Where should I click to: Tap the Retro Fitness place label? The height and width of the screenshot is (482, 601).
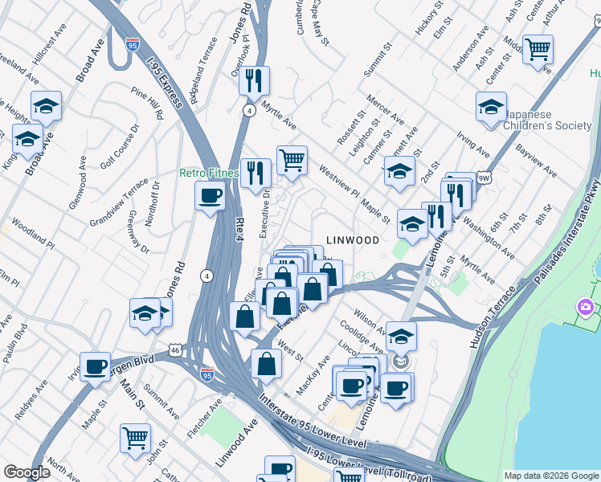(x=209, y=174)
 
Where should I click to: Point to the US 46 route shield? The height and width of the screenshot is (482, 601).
(x=174, y=349)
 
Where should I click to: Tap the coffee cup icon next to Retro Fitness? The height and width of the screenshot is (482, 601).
(x=211, y=195)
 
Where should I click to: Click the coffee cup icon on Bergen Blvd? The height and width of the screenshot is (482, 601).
(x=95, y=366)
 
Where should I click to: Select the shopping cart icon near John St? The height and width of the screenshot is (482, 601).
(x=135, y=438)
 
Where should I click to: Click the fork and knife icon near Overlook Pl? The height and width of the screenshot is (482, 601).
(x=254, y=80)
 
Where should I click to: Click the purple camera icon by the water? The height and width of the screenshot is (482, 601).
(x=585, y=308)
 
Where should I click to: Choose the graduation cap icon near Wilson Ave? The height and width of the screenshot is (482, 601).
(x=401, y=335)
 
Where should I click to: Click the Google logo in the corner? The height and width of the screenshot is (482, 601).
(x=27, y=472)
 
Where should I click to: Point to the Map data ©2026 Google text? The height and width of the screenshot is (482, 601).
(x=550, y=475)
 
